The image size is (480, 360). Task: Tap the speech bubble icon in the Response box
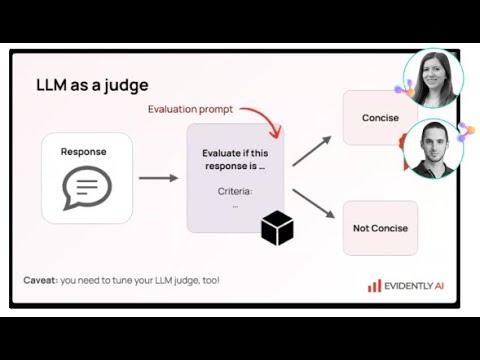(87, 187)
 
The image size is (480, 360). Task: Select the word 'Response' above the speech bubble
(87, 152)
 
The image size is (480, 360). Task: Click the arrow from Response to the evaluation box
(158, 178)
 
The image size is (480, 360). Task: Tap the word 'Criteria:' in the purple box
(235, 190)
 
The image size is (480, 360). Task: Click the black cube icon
(277, 229)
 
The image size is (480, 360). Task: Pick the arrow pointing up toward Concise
(311, 151)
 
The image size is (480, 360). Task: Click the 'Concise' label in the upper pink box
(380, 118)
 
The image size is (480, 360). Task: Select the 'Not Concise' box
(380, 228)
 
